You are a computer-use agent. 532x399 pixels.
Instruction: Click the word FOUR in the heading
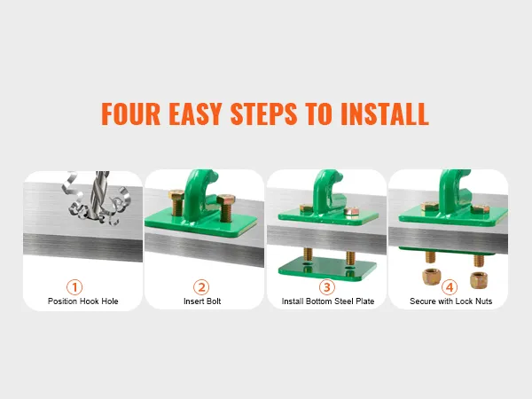130,114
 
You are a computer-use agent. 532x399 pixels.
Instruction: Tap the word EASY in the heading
195,114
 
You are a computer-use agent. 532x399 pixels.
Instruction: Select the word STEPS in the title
263,114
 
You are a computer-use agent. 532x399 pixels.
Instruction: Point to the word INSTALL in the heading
385,114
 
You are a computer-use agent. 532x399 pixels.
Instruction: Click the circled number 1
74,287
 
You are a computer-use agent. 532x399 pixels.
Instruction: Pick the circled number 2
201,287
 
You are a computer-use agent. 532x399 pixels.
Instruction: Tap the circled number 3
326,287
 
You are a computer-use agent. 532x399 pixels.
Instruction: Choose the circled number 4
450,287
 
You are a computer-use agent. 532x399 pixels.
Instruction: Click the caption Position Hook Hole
82,301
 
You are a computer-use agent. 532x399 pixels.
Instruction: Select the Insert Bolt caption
202,301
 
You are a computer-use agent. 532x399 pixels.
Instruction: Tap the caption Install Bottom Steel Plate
328,301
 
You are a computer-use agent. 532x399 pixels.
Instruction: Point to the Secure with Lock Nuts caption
451,301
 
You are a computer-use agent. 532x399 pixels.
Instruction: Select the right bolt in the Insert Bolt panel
225,207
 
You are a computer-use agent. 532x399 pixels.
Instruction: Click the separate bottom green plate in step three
327,269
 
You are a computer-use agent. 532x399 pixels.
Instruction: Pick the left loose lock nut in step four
431,277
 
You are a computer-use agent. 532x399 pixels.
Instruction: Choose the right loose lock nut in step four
479,280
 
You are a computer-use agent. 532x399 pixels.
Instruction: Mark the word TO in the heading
318,114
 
